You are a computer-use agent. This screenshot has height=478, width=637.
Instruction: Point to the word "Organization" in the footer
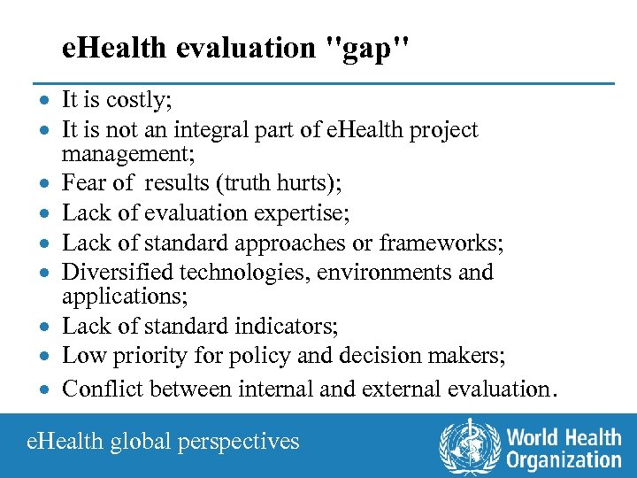click(564, 459)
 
